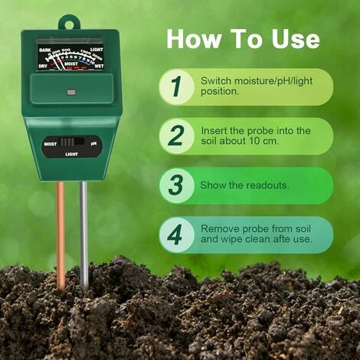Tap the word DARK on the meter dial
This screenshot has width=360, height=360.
[45, 48]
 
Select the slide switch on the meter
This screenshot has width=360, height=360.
[71, 142]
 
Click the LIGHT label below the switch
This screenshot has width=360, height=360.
[71, 154]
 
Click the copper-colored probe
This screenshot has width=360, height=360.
[61, 230]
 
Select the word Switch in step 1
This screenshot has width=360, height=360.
[217, 80]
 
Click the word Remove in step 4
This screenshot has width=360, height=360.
[219, 228]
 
